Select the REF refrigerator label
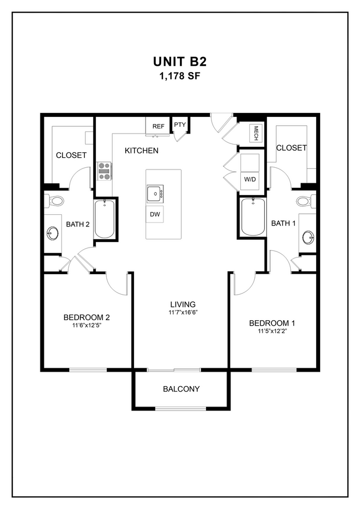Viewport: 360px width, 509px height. (158, 126)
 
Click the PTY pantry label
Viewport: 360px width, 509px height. (180, 125)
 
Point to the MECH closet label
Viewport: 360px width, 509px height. (256, 132)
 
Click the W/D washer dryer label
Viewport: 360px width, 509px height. (249, 179)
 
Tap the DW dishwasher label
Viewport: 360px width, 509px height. (155, 214)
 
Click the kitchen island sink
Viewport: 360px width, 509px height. (155, 194)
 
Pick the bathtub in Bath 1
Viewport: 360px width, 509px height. (253, 217)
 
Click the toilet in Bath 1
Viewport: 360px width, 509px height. (304, 200)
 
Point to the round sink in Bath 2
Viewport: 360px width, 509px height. (54, 233)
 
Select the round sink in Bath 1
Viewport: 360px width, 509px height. (308, 238)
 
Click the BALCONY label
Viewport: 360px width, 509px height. (181, 389)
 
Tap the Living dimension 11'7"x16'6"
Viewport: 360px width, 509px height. (183, 312)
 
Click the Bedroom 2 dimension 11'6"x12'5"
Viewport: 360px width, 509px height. (86, 325)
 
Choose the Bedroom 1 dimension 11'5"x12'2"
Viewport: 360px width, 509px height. (271, 331)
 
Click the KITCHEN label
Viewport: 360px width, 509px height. (141, 151)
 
